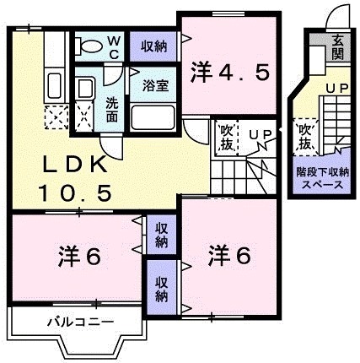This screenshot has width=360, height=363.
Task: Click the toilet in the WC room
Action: pos(89,43)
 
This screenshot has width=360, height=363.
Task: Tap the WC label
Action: pos(116,44)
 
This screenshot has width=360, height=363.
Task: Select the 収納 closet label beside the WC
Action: pos(153,46)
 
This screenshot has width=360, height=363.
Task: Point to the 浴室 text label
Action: pos(152,85)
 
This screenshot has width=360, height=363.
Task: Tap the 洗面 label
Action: pos(112,109)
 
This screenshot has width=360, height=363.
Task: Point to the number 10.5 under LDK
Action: pos(73,193)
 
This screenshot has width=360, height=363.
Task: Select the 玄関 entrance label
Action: pos(336,47)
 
